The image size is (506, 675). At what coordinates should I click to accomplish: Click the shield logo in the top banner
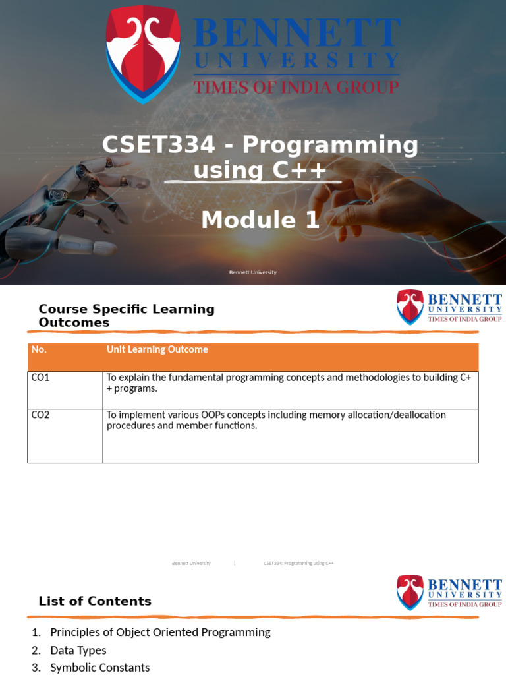[x=143, y=53]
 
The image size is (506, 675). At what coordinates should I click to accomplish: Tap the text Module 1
[x=260, y=220]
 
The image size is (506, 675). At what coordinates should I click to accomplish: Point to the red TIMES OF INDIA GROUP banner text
[x=296, y=87]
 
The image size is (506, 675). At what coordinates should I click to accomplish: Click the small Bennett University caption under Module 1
[x=252, y=272]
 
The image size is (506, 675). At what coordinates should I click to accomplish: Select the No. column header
[x=39, y=350]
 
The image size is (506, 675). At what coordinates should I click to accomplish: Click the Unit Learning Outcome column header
[x=157, y=350]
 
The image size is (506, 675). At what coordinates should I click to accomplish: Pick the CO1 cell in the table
[x=41, y=378]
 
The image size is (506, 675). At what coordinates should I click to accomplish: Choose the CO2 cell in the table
[x=41, y=415]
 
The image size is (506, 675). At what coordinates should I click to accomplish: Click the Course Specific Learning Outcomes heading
[x=126, y=316]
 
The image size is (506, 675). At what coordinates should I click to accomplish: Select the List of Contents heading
[x=95, y=601]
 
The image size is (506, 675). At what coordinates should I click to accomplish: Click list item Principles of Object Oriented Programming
[x=160, y=632]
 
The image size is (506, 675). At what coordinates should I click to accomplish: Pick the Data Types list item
[x=78, y=650]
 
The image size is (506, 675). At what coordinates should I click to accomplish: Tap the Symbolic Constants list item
[x=99, y=667]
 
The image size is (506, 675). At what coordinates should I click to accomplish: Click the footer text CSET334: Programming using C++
[x=298, y=564]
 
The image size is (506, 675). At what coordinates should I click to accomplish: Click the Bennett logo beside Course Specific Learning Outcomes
[x=449, y=307]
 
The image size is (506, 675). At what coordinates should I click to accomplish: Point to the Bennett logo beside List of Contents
[x=449, y=593]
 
